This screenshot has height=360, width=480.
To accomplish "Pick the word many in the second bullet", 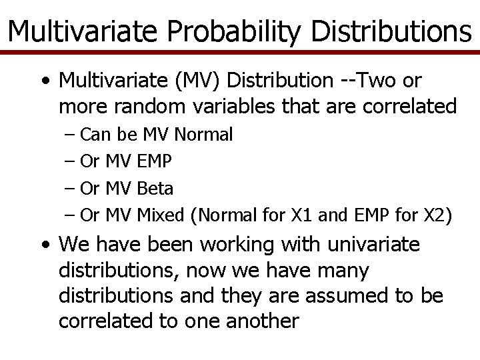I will click(347, 271).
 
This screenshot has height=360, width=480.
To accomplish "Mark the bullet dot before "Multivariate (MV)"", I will click(44, 82).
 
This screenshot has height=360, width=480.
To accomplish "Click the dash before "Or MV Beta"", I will click(71, 189).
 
